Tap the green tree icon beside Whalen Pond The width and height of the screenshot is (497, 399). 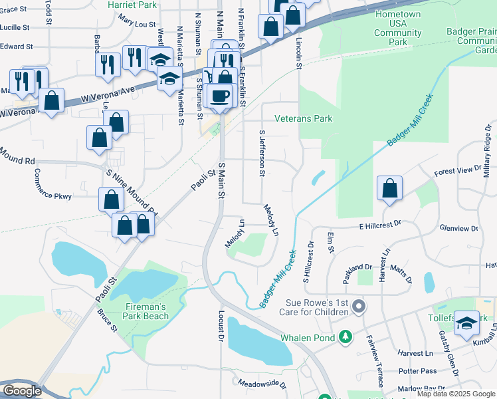(345, 337)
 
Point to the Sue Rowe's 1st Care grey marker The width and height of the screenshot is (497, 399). (359, 307)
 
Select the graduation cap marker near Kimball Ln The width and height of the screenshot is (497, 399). (467, 324)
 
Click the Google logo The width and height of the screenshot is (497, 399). (22, 391)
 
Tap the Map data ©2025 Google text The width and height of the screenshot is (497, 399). (454, 394)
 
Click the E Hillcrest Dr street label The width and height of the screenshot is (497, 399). (381, 226)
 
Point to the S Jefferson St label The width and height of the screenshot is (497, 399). (262, 154)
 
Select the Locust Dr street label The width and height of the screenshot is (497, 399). (220, 327)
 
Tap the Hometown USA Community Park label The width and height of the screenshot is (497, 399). (398, 28)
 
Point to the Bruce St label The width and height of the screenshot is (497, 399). (106, 320)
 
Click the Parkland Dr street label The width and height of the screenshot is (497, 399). (357, 273)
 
